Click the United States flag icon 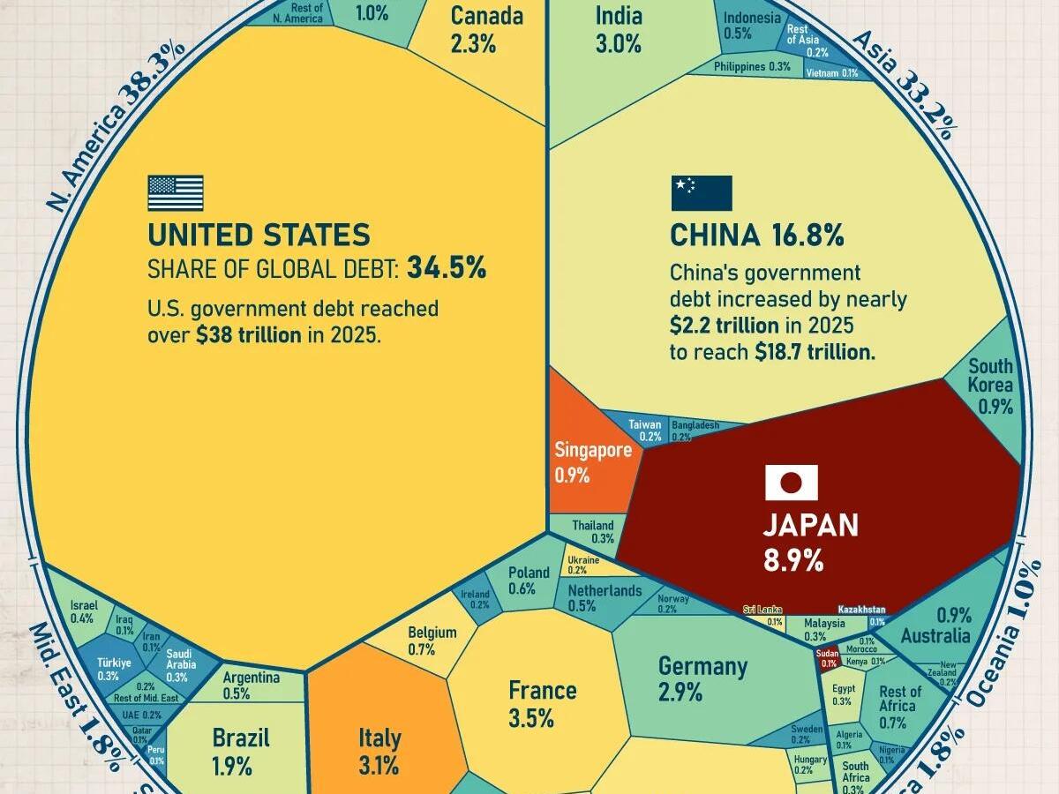click(x=176, y=192)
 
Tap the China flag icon click(x=702, y=193)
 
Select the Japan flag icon click(x=791, y=483)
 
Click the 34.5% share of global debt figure click(x=447, y=268)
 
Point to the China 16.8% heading click(x=756, y=236)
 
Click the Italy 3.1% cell click(x=379, y=750)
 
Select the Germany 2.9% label click(x=702, y=678)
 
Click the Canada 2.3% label click(x=486, y=29)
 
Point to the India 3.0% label click(x=619, y=29)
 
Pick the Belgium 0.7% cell click(x=432, y=640)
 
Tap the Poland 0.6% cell click(x=528, y=581)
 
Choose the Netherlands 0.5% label click(x=605, y=597)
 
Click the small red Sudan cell click(x=829, y=659)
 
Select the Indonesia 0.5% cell click(x=751, y=26)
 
